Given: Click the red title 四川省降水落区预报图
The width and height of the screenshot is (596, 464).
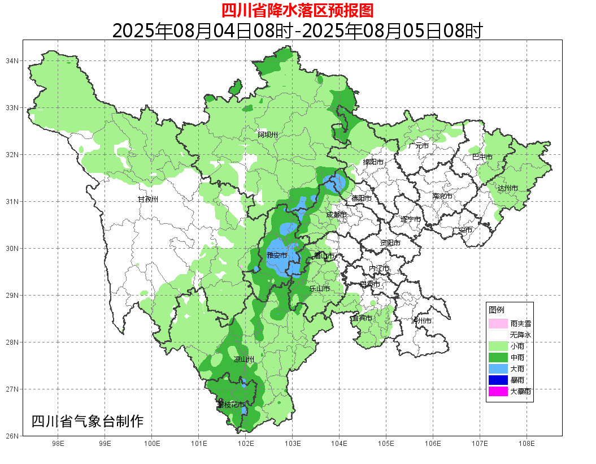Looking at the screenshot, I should coord(297,10).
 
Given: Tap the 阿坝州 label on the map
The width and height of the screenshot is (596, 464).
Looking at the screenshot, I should coord(268,135).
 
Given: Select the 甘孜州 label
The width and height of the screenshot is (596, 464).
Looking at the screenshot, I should coord(149,200).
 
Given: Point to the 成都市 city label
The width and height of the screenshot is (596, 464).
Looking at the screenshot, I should coord(336,215).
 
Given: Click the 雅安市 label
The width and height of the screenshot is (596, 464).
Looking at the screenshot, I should coord(277,255).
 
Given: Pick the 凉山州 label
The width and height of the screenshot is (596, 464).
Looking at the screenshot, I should coord(244,359).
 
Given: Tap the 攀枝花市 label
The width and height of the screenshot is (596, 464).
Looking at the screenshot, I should coord(232,405).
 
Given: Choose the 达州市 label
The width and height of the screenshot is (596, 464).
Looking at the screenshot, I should coord(507,188).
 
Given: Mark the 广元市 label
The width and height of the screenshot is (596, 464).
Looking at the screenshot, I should coord(419,146).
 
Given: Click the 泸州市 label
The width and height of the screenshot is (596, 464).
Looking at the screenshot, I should coord(421,320).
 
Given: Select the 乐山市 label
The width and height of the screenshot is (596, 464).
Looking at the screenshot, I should coord(320,288).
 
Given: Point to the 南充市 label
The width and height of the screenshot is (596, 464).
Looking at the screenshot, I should coord(442,197).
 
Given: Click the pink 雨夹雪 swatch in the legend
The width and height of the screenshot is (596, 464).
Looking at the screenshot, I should coord(498,324).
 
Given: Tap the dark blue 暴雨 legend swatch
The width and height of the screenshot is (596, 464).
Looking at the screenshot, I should coord(498,380).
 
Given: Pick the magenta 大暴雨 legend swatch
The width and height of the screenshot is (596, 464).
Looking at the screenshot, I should coord(498,391).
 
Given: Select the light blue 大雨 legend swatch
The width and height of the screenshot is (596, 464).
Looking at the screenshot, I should coord(498,368).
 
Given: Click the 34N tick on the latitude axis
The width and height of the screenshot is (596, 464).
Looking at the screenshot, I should coord(12,60).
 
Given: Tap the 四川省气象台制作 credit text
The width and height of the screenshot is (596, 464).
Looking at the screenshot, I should coord(88,421).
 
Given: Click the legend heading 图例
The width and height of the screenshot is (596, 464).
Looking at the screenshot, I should coord(497,310).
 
